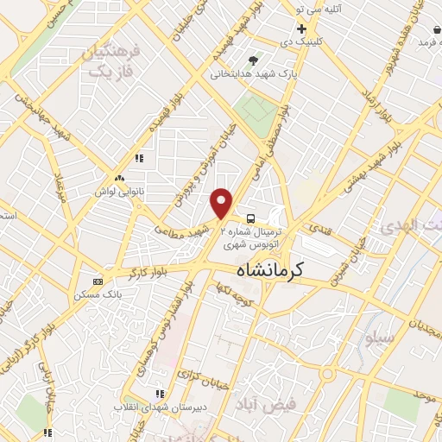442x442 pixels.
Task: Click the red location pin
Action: [x=222, y=203]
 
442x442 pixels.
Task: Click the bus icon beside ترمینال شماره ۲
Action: [x=249, y=218]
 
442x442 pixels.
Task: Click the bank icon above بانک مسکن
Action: [x=98, y=281]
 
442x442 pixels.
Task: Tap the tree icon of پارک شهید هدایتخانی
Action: [x=253, y=60]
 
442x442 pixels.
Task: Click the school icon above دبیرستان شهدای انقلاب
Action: [x=158, y=393]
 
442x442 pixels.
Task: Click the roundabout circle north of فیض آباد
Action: [x=327, y=374]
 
